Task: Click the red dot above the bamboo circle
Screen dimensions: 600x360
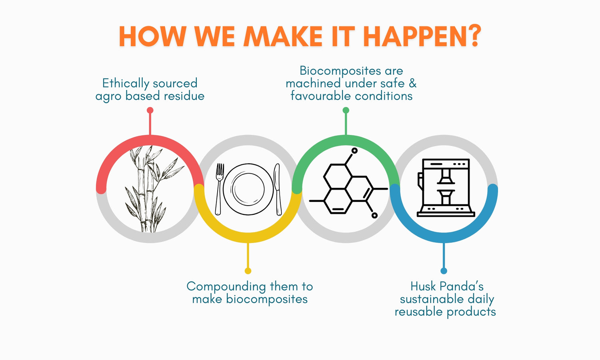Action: [x=150, y=110]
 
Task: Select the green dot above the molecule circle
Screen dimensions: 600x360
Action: [x=346, y=110]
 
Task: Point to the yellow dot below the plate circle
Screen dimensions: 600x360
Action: [x=248, y=271]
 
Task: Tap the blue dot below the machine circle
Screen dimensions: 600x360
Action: [x=444, y=271]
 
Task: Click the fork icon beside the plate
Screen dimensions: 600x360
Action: [x=219, y=189]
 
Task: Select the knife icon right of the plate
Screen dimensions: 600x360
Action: [x=278, y=189]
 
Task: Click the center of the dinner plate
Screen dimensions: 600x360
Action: [x=248, y=189]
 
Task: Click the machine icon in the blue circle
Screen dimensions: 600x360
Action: [x=446, y=188]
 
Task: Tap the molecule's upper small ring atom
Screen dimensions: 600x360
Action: [x=354, y=150]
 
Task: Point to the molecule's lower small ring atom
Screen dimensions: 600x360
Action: [x=374, y=215]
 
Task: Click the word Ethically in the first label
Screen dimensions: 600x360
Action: [x=126, y=84]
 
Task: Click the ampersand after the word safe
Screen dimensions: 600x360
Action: [x=412, y=83]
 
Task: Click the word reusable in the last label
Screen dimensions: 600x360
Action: [x=418, y=312]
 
